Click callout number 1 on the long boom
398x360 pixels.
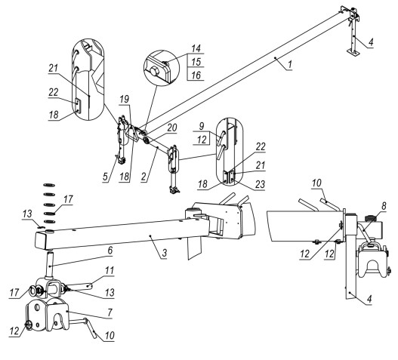tap(290, 64)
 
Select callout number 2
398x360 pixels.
tap(144, 177)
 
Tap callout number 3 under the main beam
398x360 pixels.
tap(165, 253)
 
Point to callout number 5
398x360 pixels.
tap(105, 177)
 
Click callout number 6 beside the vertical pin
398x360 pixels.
tap(110, 251)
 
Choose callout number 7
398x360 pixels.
tap(110, 312)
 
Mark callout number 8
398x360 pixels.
tap(384, 206)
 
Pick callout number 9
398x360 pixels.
tap(202, 126)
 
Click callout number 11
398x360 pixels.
tap(110, 271)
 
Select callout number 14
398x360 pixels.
tap(196, 48)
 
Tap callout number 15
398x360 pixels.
tap(196, 62)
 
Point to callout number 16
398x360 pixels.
tap(196, 75)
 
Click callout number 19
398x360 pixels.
tap(125, 99)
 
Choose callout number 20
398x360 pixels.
tap(172, 128)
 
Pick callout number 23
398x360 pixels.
tap(260, 184)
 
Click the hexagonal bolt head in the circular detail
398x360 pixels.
tap(154, 71)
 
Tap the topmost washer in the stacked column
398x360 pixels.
tap(49, 185)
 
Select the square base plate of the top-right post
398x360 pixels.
tap(353, 54)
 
